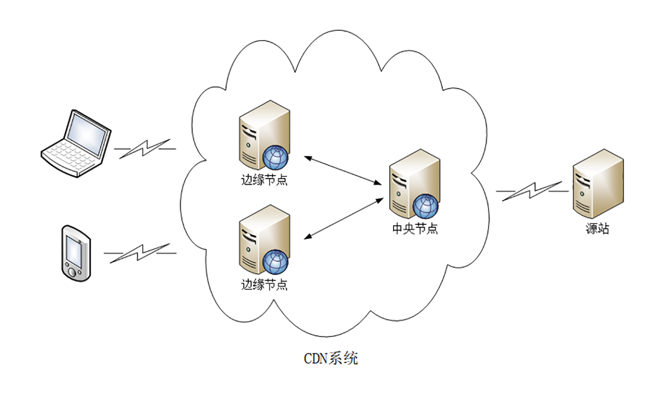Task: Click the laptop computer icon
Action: (x=77, y=143)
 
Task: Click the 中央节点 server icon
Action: (x=414, y=184)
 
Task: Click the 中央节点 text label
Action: (x=415, y=229)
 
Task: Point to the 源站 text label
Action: (x=598, y=229)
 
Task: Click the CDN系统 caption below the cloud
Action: (x=331, y=358)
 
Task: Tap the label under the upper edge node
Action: (x=264, y=180)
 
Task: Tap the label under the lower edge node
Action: (x=264, y=285)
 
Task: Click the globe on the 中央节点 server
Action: (x=427, y=206)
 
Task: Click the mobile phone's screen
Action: (x=74, y=249)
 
